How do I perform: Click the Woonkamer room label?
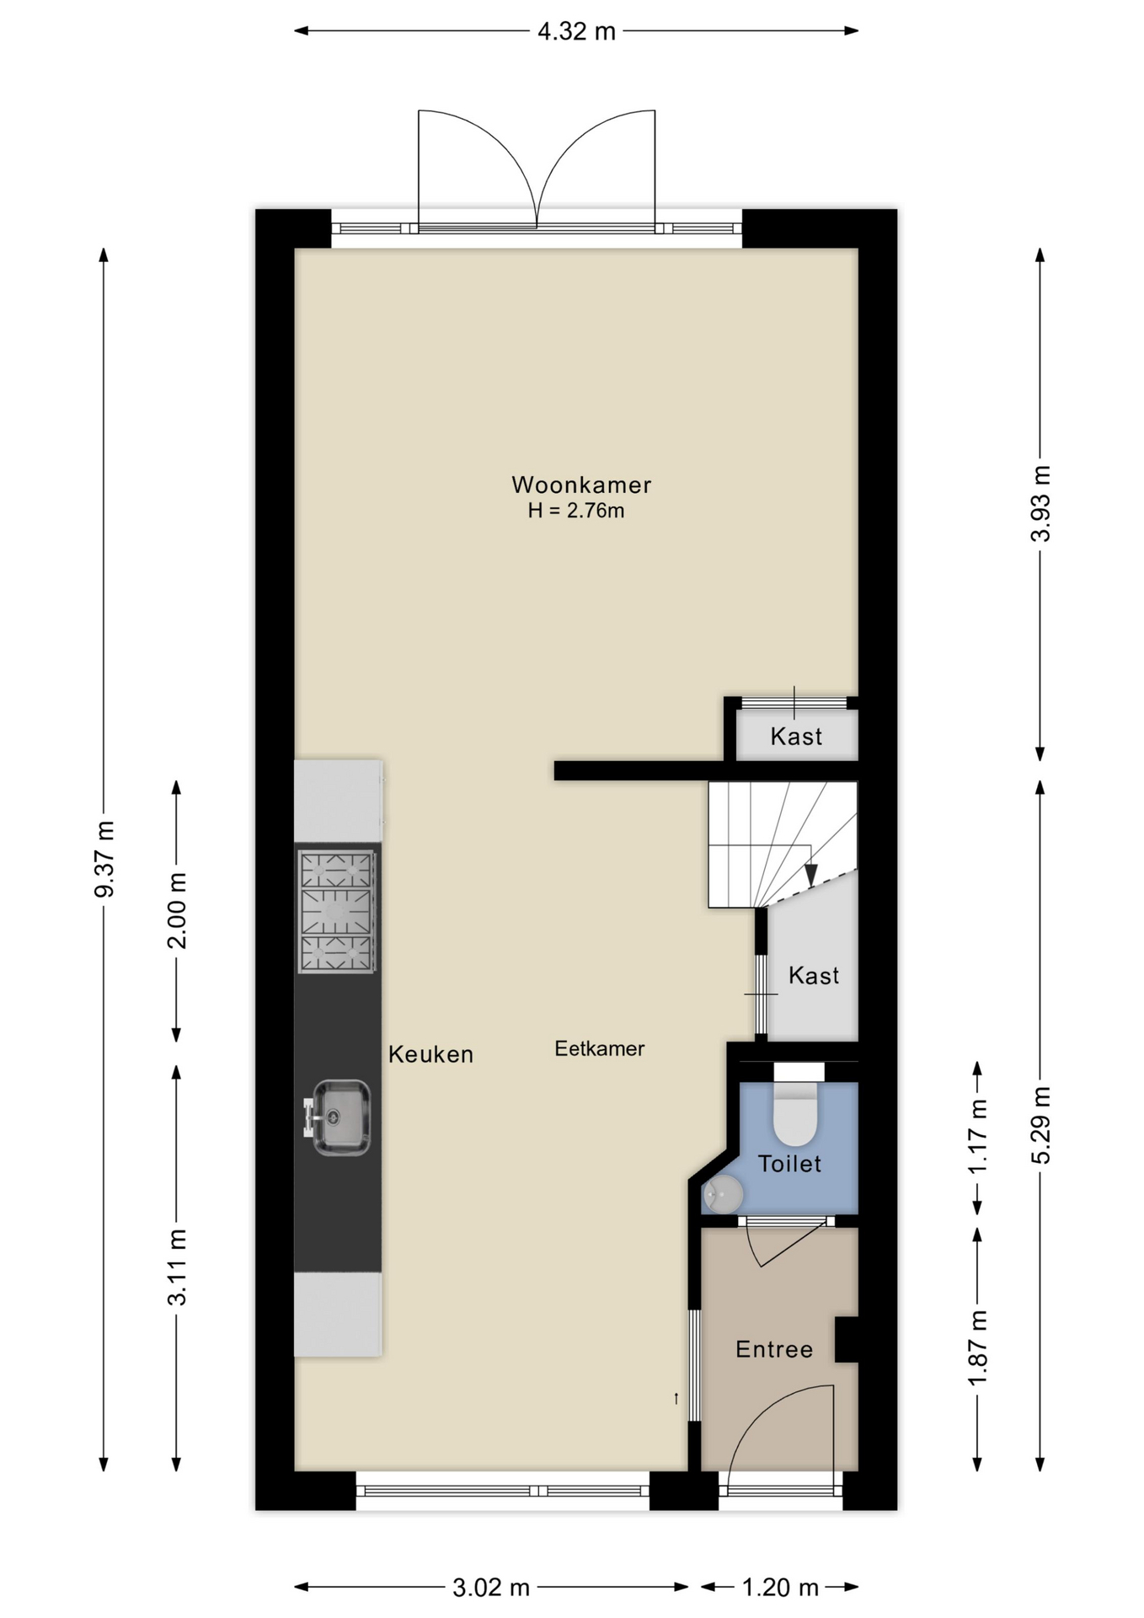click(581, 485)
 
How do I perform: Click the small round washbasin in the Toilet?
click(723, 1194)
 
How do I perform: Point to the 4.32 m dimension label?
click(577, 32)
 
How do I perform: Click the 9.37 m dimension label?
click(104, 859)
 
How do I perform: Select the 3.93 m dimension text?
click(1041, 503)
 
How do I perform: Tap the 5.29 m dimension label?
click(1041, 1125)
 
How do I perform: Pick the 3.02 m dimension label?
click(491, 1588)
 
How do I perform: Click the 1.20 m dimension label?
click(780, 1588)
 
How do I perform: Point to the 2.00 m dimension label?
click(177, 910)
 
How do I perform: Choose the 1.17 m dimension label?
click(978, 1136)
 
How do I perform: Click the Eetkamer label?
click(600, 1048)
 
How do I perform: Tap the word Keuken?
click(430, 1054)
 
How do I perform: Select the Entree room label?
click(774, 1349)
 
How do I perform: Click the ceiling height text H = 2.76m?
click(576, 511)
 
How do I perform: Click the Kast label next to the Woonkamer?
click(796, 737)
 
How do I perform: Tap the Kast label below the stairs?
click(814, 976)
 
